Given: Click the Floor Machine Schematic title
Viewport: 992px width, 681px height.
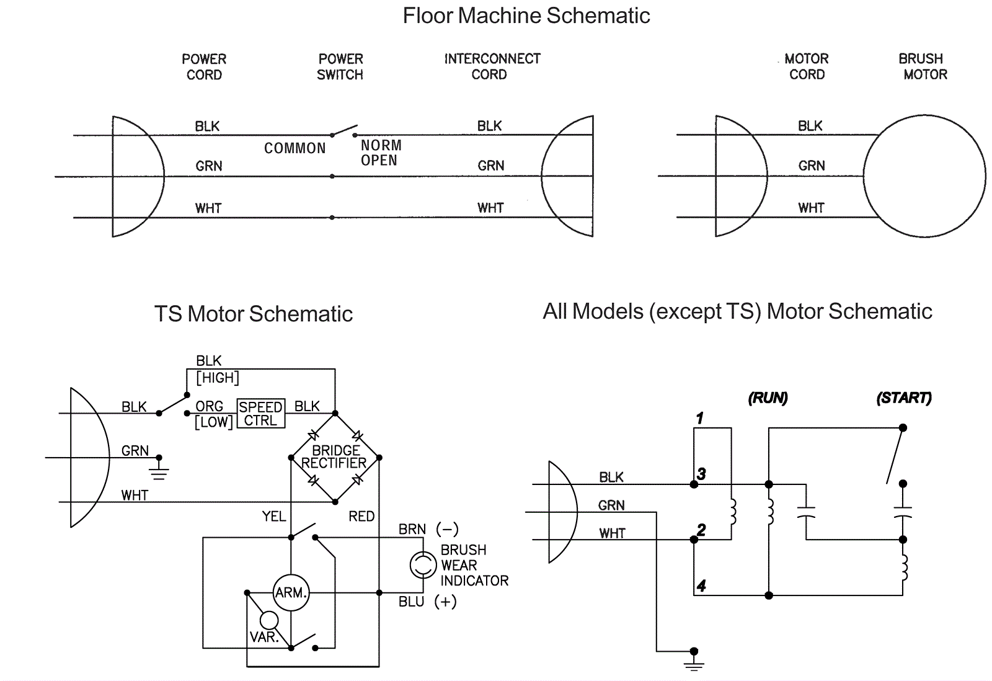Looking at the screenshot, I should pyautogui.click(x=526, y=16).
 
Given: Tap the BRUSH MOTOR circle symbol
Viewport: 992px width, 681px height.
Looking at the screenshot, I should pyautogui.click(x=924, y=176).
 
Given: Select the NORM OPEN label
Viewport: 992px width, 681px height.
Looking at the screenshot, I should pyautogui.click(x=381, y=153).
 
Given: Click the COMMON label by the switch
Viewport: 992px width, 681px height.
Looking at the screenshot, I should pyautogui.click(x=294, y=149).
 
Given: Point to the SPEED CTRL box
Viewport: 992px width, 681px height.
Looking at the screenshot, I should pyautogui.click(x=261, y=414).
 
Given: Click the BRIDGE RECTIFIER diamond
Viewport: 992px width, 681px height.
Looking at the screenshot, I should pyautogui.click(x=335, y=458).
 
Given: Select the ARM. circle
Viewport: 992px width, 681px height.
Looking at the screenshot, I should pyautogui.click(x=291, y=593).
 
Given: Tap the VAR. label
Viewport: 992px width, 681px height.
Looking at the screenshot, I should pyautogui.click(x=263, y=638).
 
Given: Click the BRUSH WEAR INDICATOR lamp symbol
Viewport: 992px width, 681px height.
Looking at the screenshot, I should pyautogui.click(x=423, y=565).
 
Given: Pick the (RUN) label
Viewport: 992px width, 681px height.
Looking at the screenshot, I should pyautogui.click(x=768, y=398).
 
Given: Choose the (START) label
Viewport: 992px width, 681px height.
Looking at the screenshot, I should pyautogui.click(x=903, y=398).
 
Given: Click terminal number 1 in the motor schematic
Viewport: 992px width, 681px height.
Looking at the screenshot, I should pyautogui.click(x=699, y=419).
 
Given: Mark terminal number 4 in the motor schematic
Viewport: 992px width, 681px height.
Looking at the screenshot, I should pyautogui.click(x=701, y=585).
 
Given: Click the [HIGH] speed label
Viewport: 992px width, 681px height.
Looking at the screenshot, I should pyautogui.click(x=217, y=378).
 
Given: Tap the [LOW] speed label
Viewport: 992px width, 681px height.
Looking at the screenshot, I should pyautogui.click(x=214, y=422).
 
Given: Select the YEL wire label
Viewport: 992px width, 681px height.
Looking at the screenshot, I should pyautogui.click(x=273, y=517).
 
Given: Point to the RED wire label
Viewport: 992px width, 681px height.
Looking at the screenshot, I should pyautogui.click(x=361, y=517).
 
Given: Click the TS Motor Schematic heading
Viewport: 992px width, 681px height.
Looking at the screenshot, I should pyautogui.click(x=253, y=314).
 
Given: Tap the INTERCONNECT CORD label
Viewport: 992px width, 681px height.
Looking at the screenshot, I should pyautogui.click(x=492, y=67).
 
